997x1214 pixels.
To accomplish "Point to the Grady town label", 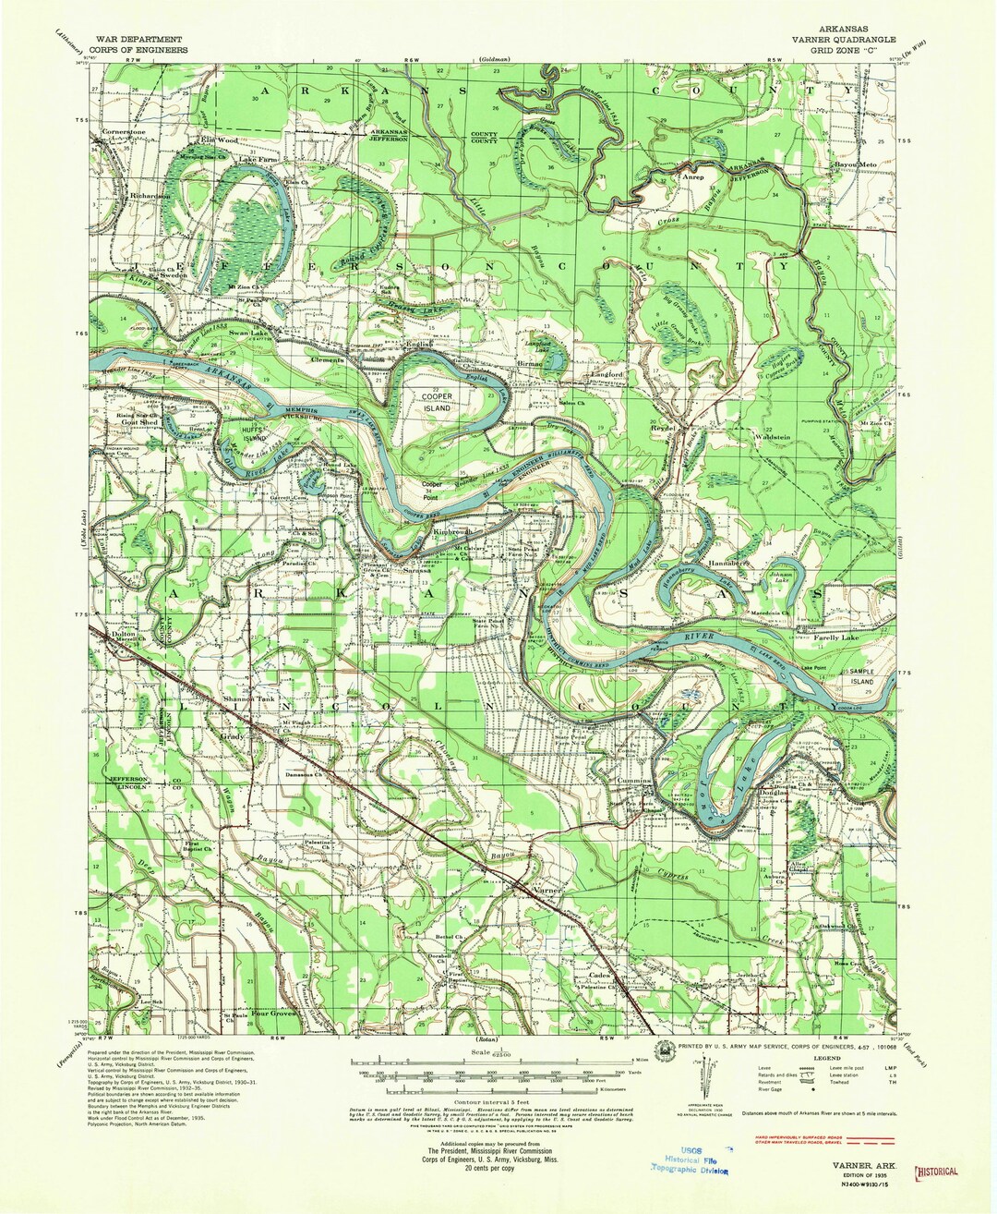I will point(231,737).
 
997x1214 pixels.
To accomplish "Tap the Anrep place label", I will point(692,176).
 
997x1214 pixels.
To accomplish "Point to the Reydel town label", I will point(666,430).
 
